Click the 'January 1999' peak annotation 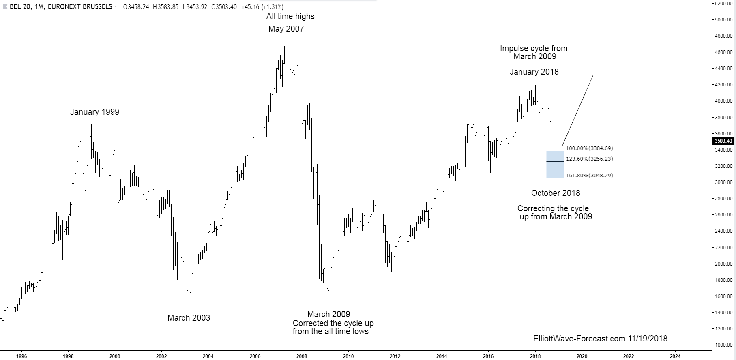click(x=94, y=112)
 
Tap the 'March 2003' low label click(x=189, y=318)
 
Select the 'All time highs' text click(x=290, y=17)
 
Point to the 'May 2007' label click(x=286, y=29)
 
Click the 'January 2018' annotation click(x=534, y=72)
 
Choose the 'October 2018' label click(x=556, y=193)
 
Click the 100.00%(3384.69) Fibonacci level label click(x=589, y=148)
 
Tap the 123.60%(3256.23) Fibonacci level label click(x=589, y=159)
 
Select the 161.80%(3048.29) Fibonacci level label click(x=589, y=176)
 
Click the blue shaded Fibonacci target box click(x=555, y=165)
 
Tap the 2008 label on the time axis click(x=301, y=356)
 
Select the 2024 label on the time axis click(x=675, y=356)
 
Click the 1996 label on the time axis click(x=21, y=356)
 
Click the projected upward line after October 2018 click(x=578, y=110)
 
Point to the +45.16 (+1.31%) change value click(x=262, y=7)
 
